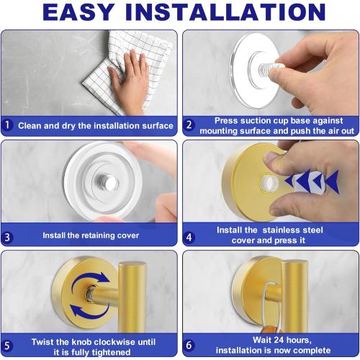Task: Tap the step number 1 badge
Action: tap(8, 125)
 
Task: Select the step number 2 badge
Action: tap(189, 125)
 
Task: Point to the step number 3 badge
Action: tap(8, 235)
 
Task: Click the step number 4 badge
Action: tap(189, 235)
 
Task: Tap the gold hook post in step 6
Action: tap(295, 288)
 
